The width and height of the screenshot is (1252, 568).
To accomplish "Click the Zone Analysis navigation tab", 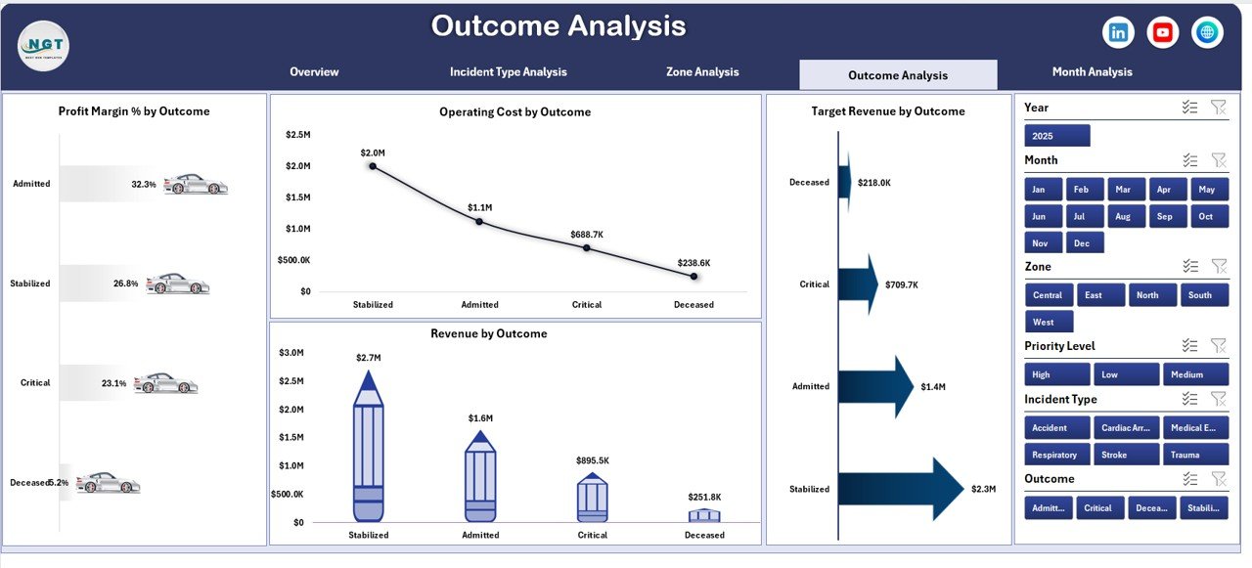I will pos(702,72).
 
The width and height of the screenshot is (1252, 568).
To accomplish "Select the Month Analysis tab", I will pos(1092,72).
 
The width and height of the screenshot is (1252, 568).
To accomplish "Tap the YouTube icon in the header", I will pos(1162,32).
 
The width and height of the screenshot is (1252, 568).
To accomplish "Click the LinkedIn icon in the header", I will pos(1118,32).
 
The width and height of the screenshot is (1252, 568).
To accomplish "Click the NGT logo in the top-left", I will pos(43,46).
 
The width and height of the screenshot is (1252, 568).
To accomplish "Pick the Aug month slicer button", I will pos(1122,216).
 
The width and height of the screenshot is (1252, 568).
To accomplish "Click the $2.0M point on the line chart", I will pos(373,166).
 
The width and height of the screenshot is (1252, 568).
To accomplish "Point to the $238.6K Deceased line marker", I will pos(693,277).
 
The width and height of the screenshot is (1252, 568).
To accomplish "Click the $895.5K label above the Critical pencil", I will pos(593,460).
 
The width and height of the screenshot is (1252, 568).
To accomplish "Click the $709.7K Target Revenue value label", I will pos(903,285).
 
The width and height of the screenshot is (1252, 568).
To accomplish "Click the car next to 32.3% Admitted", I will pos(195,184).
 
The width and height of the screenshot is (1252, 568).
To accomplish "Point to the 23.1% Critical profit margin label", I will pos(114,383).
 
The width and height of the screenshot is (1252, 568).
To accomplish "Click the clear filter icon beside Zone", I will pos(1218,266).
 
